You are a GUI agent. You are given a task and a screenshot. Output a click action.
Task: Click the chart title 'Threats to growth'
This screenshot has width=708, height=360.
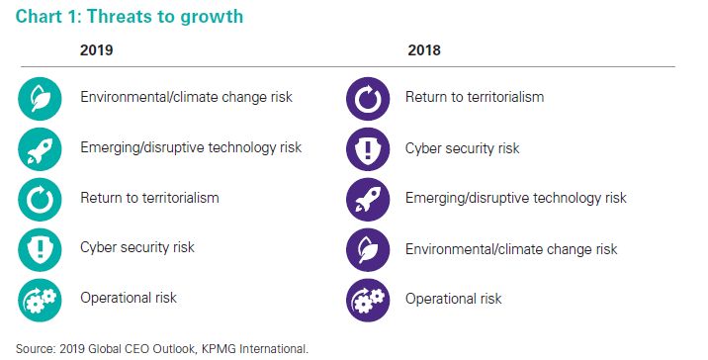(x=165, y=17)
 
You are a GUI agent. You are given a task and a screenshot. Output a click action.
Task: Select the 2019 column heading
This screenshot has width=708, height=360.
(x=96, y=49)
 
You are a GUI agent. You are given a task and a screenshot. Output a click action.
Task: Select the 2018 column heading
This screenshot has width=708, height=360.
(x=424, y=49)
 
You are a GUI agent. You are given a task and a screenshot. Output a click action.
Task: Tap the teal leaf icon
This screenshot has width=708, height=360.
(x=40, y=99)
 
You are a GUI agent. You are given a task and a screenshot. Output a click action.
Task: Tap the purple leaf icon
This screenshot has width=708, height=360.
(x=368, y=250)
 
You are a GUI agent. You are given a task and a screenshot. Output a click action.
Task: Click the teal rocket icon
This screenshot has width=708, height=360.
(x=40, y=149)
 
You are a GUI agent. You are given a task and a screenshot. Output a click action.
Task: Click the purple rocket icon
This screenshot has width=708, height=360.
(x=368, y=200)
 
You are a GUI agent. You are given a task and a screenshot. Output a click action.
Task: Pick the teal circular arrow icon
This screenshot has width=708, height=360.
(x=40, y=200)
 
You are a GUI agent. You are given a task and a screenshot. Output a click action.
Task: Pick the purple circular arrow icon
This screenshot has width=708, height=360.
(x=368, y=99)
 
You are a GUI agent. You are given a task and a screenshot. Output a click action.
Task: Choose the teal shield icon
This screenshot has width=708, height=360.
(x=40, y=250)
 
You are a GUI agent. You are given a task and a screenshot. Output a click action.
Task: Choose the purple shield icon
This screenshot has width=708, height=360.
(x=368, y=149)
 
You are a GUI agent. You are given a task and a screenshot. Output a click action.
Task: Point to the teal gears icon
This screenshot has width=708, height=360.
(x=40, y=301)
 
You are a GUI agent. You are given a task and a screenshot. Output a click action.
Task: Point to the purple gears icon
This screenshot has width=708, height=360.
(x=368, y=301)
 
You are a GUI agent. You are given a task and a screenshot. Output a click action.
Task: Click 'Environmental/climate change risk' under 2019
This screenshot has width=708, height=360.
(x=187, y=97)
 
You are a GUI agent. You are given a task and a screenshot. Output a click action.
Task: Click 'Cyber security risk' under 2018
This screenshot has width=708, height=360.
(x=463, y=148)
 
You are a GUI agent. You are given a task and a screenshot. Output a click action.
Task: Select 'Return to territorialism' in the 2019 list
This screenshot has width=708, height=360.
(x=149, y=198)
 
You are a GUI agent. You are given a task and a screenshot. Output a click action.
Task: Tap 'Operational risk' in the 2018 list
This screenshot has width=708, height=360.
(x=453, y=299)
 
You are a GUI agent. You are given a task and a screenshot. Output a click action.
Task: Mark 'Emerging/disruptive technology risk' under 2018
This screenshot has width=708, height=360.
(x=516, y=198)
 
